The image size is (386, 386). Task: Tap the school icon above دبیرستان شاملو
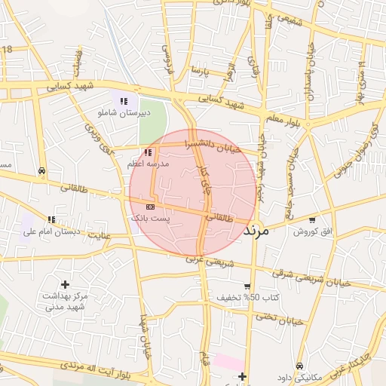[124, 100]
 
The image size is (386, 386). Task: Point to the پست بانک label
[151, 217]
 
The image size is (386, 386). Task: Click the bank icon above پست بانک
[151, 206]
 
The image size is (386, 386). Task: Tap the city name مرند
[257, 230]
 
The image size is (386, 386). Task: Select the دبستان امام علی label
[52, 231]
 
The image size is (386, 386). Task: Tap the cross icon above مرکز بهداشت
[66, 285]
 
